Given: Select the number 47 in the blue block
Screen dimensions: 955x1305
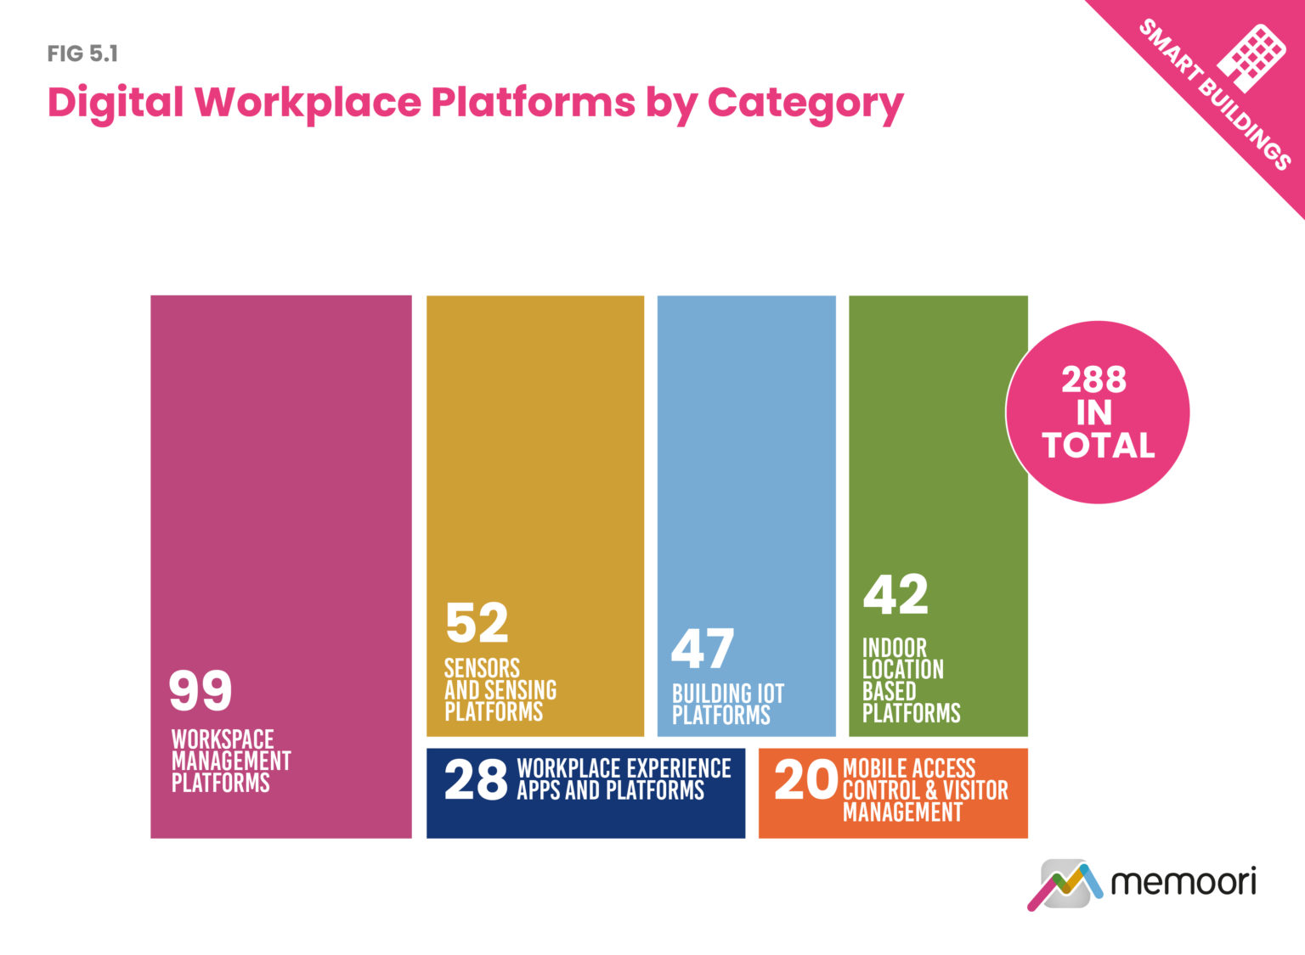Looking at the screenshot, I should [702, 649].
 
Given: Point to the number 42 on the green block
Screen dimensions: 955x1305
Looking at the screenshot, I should [895, 594].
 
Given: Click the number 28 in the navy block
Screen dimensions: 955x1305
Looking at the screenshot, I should [476, 780].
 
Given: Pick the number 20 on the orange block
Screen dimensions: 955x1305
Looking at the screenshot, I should [805, 780].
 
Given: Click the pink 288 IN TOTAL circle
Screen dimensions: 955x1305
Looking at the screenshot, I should [1098, 413].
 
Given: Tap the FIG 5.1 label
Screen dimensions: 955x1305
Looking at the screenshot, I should [82, 54].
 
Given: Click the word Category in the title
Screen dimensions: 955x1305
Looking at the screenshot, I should [805, 104].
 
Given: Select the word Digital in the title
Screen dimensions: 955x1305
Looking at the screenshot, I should [116, 102].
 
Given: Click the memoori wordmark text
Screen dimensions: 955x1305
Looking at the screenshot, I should [1183, 882].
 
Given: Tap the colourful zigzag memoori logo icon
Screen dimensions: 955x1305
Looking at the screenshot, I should [1065, 885].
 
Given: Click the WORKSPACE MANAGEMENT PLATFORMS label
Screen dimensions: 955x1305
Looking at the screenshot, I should [230, 761].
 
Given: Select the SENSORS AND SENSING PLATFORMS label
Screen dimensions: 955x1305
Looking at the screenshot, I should [500, 689].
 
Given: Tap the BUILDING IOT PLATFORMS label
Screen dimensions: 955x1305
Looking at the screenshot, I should [727, 705].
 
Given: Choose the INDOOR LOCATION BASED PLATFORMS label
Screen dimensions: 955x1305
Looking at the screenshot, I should [909, 680].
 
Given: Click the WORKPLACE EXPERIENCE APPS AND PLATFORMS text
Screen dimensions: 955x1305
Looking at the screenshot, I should [623, 779].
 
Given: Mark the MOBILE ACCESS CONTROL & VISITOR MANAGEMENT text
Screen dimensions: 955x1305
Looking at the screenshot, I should [924, 790].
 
